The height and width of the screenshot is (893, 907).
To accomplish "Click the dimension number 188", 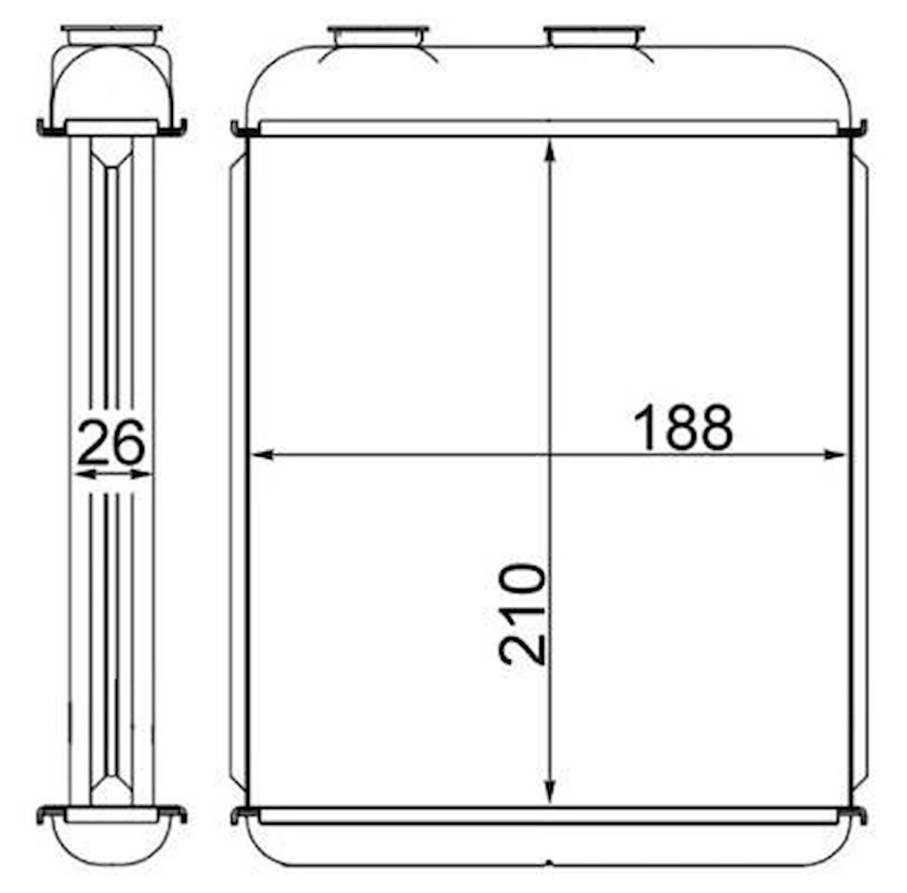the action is pyautogui.click(x=683, y=427).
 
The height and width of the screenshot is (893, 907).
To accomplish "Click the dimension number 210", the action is pyautogui.click(x=523, y=614).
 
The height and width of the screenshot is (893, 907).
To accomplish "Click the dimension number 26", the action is pyautogui.click(x=111, y=443).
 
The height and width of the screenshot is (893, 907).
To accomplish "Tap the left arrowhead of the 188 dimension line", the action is pyautogui.click(x=262, y=455).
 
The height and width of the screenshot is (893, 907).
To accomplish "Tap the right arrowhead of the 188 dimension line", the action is pyautogui.click(x=836, y=455).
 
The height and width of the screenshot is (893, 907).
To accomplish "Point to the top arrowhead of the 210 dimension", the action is pyautogui.click(x=550, y=150).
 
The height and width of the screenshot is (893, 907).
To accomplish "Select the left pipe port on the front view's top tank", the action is pyautogui.click(x=377, y=36).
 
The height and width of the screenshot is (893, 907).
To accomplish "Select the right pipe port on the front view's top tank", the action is pyautogui.click(x=595, y=36).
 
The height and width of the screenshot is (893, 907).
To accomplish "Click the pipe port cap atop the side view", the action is pyautogui.click(x=111, y=35).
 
